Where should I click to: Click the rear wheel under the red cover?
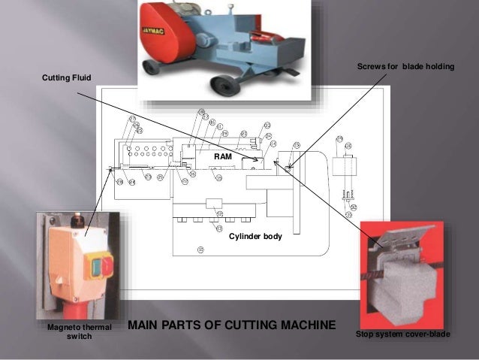(154, 67)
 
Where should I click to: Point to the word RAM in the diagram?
(223, 156)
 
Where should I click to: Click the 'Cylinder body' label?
(255, 236)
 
